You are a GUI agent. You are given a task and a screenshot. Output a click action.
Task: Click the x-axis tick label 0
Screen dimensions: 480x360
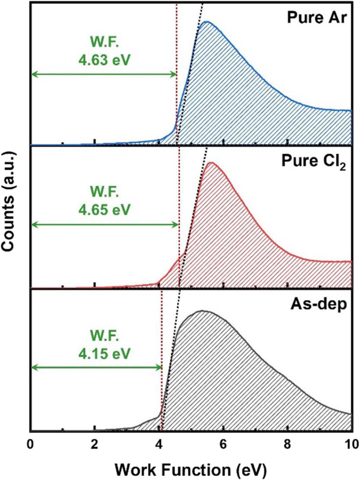(30, 444)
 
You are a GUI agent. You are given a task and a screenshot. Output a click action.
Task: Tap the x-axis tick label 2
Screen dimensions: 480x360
(95, 444)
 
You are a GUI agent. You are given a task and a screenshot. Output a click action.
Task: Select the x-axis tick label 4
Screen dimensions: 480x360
(159, 444)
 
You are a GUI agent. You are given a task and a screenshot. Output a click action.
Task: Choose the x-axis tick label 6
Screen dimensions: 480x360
(223, 444)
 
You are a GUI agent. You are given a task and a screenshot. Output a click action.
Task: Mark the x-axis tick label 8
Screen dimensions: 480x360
(287, 444)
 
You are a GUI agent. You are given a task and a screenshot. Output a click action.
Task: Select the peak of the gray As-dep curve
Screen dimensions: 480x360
(203, 311)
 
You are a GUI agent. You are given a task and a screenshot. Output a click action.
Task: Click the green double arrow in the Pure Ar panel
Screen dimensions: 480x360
(103, 75)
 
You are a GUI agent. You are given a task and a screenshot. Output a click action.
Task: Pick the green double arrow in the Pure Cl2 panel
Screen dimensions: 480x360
(104, 224)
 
